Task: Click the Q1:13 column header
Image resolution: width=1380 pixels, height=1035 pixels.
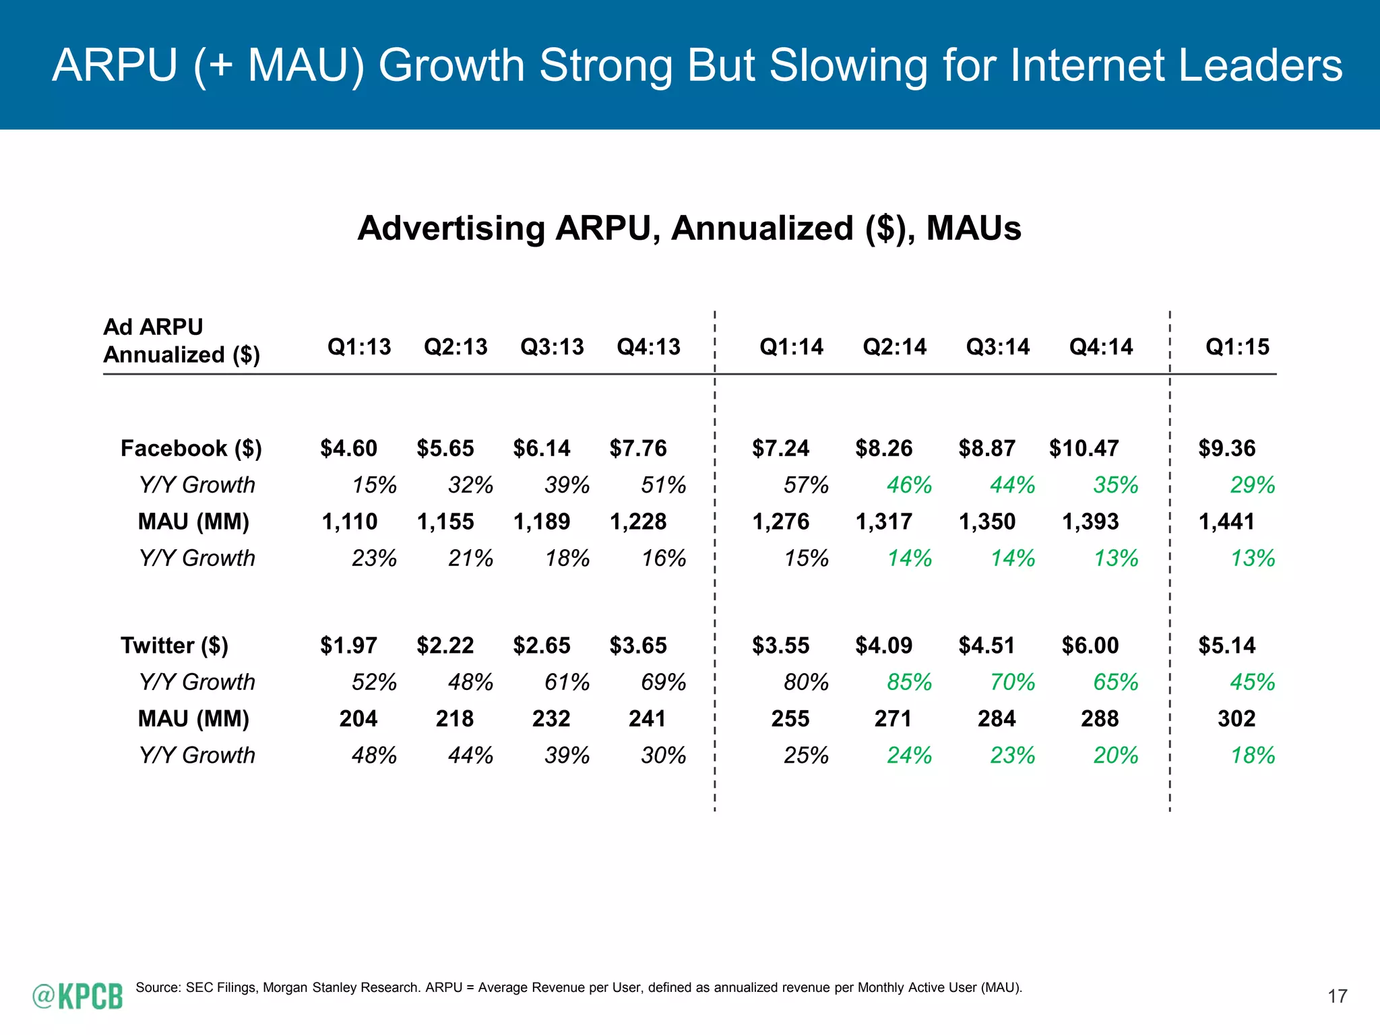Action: [359, 347]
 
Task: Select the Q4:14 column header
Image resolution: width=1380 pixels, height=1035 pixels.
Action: [1101, 347]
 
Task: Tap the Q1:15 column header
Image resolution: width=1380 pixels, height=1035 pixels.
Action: [1237, 347]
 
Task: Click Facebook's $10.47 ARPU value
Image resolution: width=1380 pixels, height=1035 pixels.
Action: [1084, 448]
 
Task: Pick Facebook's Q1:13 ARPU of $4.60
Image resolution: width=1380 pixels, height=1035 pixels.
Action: [348, 448]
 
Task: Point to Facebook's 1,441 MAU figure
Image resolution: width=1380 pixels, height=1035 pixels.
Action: [1226, 522]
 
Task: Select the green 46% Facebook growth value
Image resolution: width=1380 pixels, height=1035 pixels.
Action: [909, 485]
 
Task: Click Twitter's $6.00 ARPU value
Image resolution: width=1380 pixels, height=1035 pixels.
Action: [1090, 646]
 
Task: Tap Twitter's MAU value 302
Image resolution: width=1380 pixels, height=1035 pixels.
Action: [1236, 719]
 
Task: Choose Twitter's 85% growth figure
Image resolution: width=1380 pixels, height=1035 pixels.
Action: [909, 683]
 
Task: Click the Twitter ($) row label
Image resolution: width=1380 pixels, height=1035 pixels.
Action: [175, 646]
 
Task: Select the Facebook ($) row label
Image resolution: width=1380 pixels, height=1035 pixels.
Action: [191, 448]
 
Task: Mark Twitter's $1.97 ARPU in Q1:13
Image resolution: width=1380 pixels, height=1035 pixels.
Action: [348, 646]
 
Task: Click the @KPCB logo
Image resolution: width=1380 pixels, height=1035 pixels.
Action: [78, 996]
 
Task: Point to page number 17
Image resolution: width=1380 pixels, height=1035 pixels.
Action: [1337, 997]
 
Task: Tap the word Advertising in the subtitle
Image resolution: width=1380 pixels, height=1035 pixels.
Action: [451, 228]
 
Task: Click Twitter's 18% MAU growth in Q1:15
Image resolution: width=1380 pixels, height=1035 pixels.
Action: [1253, 755]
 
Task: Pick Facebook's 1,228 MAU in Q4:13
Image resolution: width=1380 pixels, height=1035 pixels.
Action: [637, 522]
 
